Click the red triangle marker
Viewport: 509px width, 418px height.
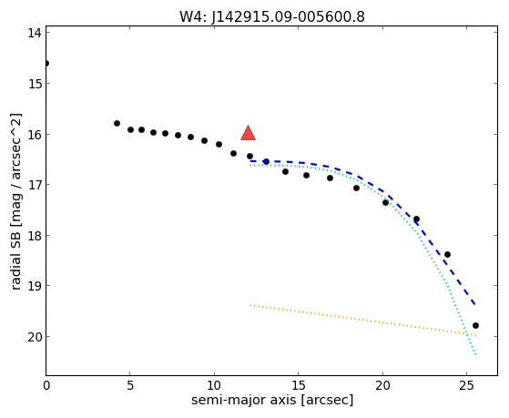[248, 133]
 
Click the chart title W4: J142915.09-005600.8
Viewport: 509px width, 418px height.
[272, 16]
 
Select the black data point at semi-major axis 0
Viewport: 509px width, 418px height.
[46, 64]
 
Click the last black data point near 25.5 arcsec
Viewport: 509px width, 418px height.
[475, 325]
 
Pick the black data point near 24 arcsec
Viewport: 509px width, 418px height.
[447, 254]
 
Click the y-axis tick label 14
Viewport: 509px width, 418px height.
[34, 33]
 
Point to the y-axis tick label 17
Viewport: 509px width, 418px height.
[34, 185]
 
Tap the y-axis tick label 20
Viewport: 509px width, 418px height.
[34, 337]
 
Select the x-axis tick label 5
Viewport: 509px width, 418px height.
[130, 385]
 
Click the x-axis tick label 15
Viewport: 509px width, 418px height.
[299, 385]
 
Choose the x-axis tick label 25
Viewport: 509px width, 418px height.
[466, 385]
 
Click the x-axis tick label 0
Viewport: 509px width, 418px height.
[46, 385]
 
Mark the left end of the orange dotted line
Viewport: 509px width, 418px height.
[250, 305]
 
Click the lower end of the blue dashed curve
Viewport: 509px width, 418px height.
[475, 304]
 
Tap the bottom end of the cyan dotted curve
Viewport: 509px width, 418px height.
[476, 357]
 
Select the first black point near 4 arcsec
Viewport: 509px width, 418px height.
[117, 124]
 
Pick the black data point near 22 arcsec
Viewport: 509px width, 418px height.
[416, 219]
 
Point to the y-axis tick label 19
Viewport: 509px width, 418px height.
[34, 286]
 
